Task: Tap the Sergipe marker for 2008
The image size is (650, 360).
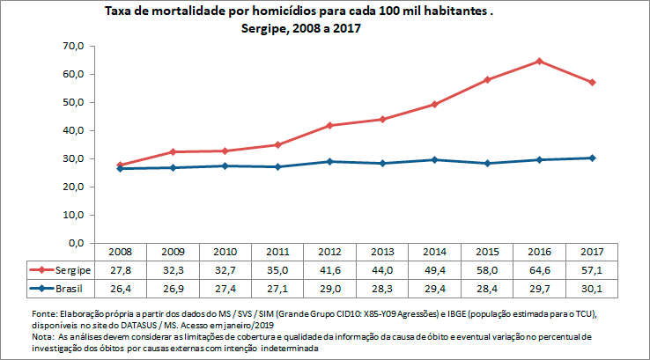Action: coord(120,165)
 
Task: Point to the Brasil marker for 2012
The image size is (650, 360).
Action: coord(329,161)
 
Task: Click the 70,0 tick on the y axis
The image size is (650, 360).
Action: coord(73,46)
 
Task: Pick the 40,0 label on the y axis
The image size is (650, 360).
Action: coord(73,130)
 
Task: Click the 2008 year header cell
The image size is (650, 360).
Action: coord(120,253)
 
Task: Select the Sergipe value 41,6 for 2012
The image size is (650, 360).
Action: coord(329,270)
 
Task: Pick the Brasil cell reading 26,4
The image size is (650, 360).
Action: coord(120,288)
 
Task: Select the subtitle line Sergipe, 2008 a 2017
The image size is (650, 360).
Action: coord(301,28)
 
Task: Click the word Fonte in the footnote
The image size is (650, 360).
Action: coord(43,313)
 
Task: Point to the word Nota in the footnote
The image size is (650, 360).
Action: coord(41,336)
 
